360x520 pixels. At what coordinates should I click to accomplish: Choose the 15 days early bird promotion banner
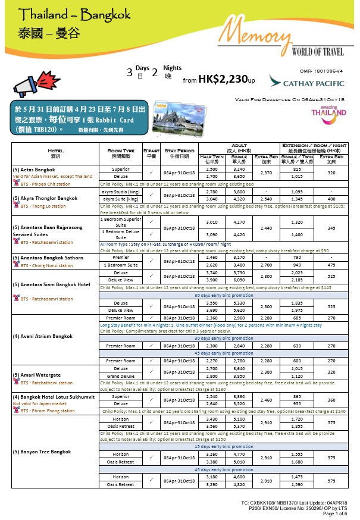click(225, 446)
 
